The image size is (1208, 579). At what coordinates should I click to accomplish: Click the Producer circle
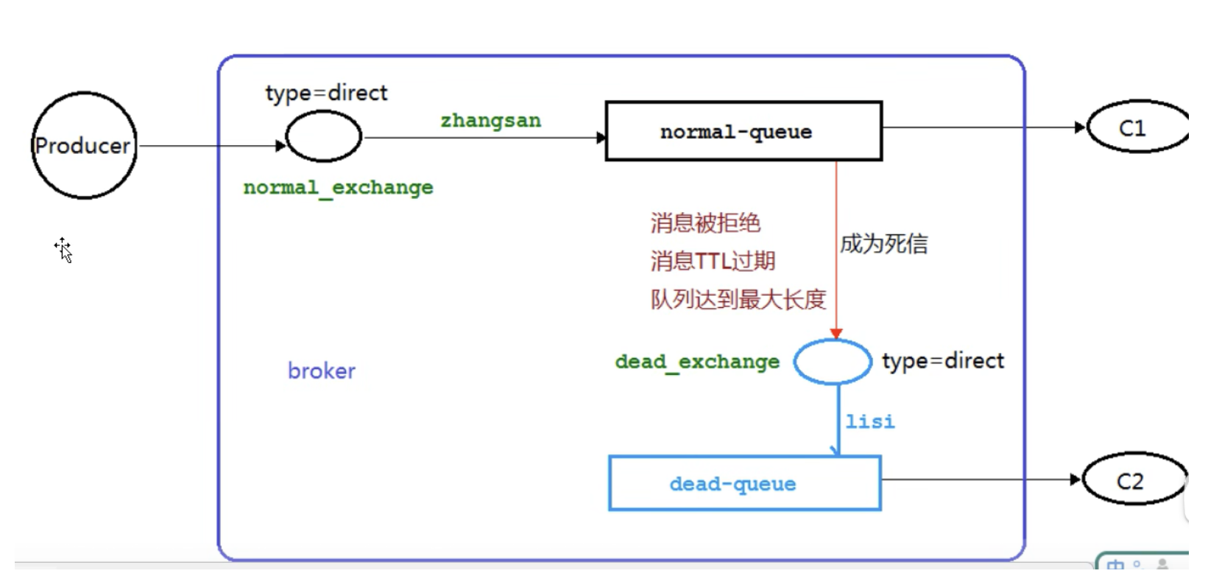84,145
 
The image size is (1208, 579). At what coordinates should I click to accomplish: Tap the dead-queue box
744,483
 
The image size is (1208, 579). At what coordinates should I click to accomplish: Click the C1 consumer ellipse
1136,127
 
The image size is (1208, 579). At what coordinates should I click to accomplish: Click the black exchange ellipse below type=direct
323,136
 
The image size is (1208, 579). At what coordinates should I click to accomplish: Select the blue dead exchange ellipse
832,362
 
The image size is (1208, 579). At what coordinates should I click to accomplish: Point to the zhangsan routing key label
490,121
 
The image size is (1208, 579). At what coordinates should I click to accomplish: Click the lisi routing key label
870,421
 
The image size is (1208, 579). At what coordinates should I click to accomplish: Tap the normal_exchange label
338,188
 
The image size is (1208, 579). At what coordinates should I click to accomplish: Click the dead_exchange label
697,362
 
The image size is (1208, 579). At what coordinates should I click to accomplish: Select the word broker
321,371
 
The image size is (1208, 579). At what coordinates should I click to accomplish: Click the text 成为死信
883,244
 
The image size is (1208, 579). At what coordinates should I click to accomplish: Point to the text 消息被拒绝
705,223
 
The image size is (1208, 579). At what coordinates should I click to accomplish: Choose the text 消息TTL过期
713,261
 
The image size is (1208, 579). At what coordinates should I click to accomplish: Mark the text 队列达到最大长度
738,299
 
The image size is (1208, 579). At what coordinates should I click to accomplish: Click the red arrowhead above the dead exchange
836,334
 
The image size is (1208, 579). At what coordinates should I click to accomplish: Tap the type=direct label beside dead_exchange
942,361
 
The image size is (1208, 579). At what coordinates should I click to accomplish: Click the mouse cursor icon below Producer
64,250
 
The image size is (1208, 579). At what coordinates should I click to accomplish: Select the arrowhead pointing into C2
1075,480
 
